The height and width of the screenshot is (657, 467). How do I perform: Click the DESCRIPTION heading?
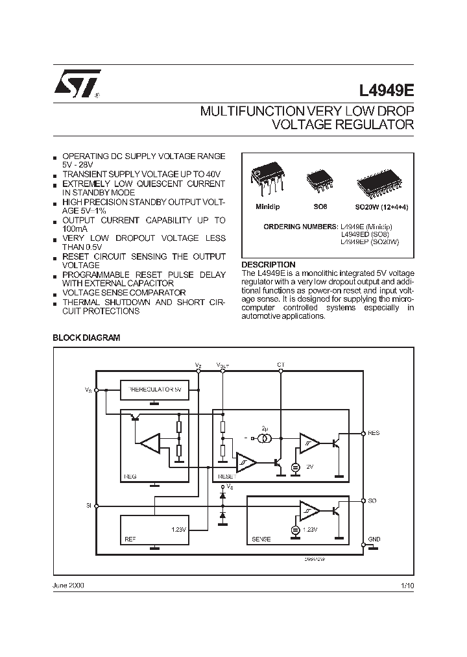pyautogui.click(x=268, y=265)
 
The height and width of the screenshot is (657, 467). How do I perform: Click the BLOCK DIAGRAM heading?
pyautogui.click(x=86, y=338)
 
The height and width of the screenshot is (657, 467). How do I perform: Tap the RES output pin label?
pyautogui.click(x=374, y=433)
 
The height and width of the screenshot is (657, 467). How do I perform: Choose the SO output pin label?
pyautogui.click(x=372, y=501)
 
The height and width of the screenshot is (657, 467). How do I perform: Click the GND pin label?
pyautogui.click(x=374, y=539)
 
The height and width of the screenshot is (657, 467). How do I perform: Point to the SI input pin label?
pyautogui.click(x=88, y=504)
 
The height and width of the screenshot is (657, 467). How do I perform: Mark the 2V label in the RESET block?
pyautogui.click(x=309, y=467)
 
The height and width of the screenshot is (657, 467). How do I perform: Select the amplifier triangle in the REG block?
pyautogui.click(x=150, y=444)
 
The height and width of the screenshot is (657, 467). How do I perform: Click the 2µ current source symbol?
pyautogui.click(x=265, y=440)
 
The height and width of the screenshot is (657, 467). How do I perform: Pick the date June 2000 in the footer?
pyautogui.click(x=68, y=585)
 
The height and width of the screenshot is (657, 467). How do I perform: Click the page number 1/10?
pyautogui.click(x=407, y=585)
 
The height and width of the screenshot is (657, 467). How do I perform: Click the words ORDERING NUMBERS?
pyautogui.click(x=300, y=227)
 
